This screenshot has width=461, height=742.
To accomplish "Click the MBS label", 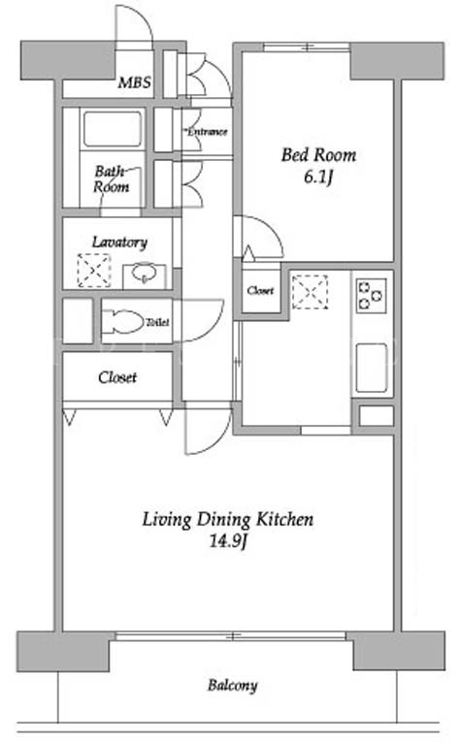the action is point(135,82).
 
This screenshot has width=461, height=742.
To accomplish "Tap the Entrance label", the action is point(207,132).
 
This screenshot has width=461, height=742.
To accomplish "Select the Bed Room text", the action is point(318,155).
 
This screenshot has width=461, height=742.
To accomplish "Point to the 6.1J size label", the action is point(318,177).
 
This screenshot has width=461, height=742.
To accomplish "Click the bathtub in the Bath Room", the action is point(113,129).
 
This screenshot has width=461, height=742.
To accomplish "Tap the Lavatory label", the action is point(119,242).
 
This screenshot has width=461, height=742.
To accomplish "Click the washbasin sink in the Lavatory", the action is point(144,274).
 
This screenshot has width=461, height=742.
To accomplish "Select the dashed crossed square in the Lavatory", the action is point(94,271).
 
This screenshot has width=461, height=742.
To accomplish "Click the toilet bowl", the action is point(122,322).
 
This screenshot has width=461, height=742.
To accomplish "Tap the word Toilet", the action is point(157,323).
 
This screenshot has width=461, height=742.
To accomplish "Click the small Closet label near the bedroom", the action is point(260,290).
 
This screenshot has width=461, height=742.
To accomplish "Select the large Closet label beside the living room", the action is point(117,377).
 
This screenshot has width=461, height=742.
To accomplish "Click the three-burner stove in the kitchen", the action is point(372,296).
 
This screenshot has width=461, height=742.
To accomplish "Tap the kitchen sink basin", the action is point(372,368).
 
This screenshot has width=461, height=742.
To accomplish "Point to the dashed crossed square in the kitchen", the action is point(310,292).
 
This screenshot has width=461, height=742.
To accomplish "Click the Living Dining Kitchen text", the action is point(228,519).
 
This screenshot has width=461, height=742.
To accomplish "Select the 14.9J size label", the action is point(229,540).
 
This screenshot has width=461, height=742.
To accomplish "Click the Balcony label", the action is point(232,685).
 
